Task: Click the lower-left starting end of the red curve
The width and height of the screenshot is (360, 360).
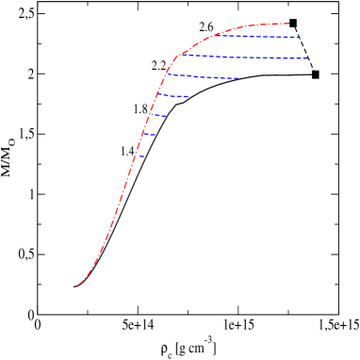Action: (76, 285)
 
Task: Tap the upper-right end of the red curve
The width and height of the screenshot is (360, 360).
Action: (288, 24)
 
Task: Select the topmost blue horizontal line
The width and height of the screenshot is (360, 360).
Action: (254, 37)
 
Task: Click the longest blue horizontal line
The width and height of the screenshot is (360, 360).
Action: (245, 57)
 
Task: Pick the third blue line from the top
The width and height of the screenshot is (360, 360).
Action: (203, 77)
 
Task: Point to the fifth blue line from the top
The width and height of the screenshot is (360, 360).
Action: (157, 116)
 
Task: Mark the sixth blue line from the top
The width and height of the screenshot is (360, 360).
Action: (150, 135)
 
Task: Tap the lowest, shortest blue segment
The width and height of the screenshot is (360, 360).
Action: (141, 156)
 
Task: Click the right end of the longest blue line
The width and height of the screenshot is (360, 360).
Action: (307, 58)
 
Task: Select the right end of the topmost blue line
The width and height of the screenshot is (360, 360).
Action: (298, 38)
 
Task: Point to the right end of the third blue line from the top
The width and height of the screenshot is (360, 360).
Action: (238, 78)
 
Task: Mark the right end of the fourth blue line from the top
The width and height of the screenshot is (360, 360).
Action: (188, 96)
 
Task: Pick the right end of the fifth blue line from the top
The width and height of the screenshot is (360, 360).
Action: (166, 117)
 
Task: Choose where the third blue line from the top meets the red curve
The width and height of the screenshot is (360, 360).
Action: (165, 74)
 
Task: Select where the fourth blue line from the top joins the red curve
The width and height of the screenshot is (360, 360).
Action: (158, 93)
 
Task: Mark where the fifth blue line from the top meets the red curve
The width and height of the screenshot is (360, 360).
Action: (150, 115)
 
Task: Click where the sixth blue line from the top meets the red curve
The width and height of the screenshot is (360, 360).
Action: (144, 134)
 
